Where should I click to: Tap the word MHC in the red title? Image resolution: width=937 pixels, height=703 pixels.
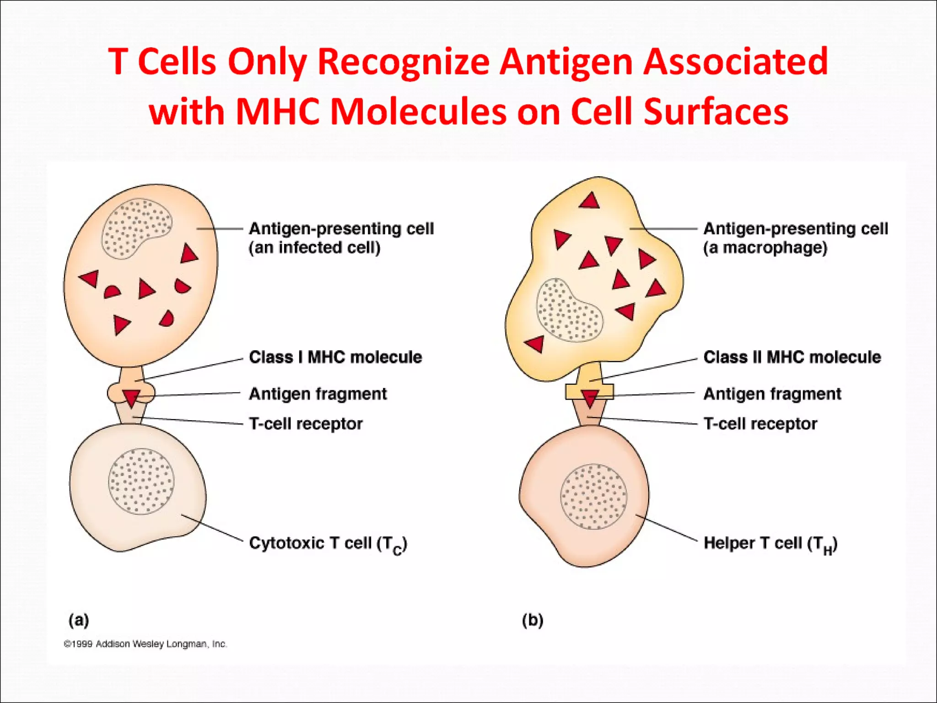pos(278,111)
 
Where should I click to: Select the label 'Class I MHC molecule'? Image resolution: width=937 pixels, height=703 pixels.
pos(335,357)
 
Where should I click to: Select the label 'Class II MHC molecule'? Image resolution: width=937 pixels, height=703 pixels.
pos(792,357)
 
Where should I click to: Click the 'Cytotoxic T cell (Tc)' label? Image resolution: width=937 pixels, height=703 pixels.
pos(328,543)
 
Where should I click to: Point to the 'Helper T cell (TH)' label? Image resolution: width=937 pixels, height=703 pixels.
pos(770,543)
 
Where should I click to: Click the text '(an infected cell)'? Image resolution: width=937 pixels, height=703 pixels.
pos(314,248)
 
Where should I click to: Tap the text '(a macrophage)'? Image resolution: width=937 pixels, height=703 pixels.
pos(765,248)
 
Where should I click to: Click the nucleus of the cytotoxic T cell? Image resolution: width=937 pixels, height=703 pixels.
pos(141,481)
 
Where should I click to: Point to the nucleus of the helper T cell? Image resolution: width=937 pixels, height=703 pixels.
pos(593,497)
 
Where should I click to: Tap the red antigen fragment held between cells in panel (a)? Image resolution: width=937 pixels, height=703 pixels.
pos(131,398)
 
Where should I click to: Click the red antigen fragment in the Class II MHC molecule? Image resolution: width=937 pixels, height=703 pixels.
pos(590,398)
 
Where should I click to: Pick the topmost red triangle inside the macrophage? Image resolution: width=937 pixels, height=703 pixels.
pos(589,201)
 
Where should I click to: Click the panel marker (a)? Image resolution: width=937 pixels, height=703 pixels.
pos(79,620)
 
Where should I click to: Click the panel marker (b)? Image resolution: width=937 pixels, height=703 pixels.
pos(533,620)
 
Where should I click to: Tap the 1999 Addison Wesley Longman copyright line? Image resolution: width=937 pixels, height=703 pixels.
pos(145,644)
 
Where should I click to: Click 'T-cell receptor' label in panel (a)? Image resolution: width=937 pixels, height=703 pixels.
pos(305,424)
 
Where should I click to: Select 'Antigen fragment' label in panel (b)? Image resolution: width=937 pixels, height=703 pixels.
pos(772,394)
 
